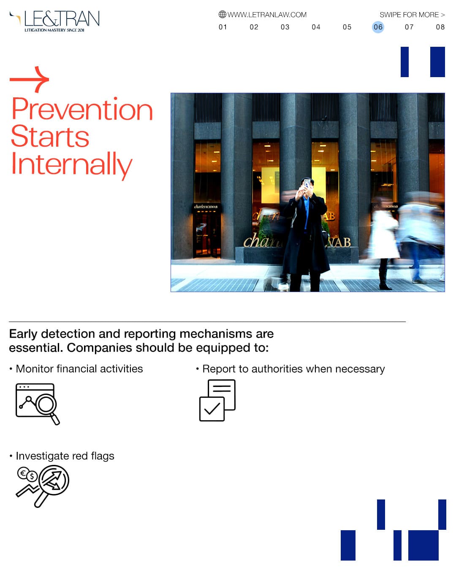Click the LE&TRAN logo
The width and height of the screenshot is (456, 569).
[54, 21]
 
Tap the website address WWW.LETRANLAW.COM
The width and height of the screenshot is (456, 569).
[266, 15]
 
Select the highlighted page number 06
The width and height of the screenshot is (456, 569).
[378, 27]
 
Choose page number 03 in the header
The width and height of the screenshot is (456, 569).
[285, 27]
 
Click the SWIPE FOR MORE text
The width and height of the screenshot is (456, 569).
[412, 15]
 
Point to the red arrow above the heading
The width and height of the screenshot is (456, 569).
[30, 79]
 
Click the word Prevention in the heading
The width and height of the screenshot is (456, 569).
[82, 109]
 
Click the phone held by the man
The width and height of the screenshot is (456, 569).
[307, 183]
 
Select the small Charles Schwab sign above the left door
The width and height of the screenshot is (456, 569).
[206, 207]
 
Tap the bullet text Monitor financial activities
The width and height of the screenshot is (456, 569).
[79, 369]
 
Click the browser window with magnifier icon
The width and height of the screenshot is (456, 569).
[38, 404]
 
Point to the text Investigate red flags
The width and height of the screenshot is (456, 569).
[65, 456]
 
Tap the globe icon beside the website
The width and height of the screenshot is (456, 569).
[223, 14]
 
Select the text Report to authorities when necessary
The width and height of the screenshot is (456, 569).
[293, 369]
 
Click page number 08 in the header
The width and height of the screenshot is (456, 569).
[440, 27]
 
